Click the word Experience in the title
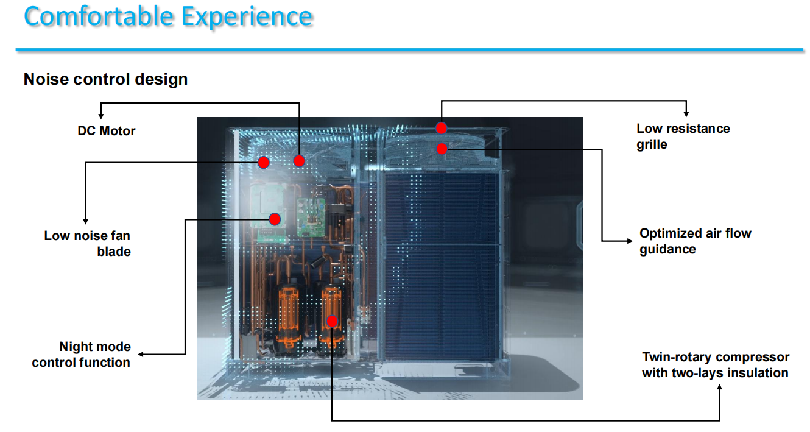(x=247, y=16)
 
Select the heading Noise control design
(x=105, y=79)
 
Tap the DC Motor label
(x=107, y=131)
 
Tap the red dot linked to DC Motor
(x=299, y=161)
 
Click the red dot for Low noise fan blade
(x=263, y=162)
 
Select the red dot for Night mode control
(x=275, y=219)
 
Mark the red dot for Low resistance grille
(x=442, y=128)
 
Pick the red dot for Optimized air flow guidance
(x=442, y=149)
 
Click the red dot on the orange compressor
(x=332, y=321)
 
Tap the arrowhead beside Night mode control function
(x=141, y=354)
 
